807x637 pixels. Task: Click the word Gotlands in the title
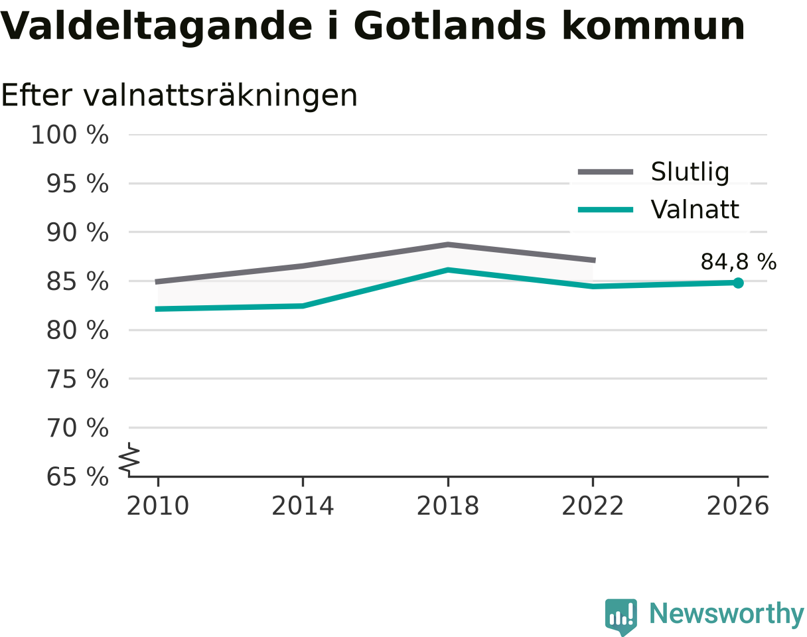450,27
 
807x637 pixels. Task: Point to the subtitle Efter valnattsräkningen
179,96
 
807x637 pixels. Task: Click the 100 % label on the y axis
70,135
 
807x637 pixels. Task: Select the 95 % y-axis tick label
78,184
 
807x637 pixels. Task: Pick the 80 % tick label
78,330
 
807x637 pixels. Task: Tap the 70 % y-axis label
78,428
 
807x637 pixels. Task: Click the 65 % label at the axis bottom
78,477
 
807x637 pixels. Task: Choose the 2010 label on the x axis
158,506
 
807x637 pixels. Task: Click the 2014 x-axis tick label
303,506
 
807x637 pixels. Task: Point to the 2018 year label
448,506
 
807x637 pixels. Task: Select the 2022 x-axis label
593,506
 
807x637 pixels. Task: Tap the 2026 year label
737,506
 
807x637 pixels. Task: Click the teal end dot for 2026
738,283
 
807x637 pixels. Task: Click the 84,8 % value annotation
739,261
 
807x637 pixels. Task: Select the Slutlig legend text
690,173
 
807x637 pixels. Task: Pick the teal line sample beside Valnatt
605,210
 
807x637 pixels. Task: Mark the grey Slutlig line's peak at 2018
448,245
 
